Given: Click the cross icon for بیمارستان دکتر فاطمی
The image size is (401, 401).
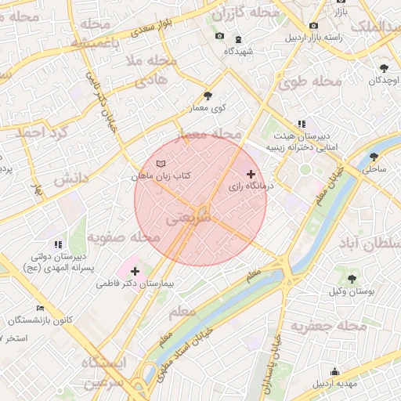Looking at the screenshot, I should pyautogui.click(x=135, y=270).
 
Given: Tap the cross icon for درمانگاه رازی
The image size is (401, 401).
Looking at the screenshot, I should pyautogui.click(x=251, y=174).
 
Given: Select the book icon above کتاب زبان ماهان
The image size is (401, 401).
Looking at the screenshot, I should pyautogui.click(x=161, y=164).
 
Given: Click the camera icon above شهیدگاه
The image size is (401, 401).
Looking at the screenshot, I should pyautogui.click(x=219, y=37).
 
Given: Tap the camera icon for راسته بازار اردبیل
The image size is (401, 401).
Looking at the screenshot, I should pyautogui.click(x=314, y=25).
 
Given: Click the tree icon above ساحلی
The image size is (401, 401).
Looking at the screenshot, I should pyautogui.click(x=374, y=156).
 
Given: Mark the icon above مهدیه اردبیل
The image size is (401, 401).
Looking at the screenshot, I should pyautogui.click(x=334, y=371).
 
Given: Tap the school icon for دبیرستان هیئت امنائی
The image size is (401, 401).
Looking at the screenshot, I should pyautogui.click(x=301, y=124).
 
